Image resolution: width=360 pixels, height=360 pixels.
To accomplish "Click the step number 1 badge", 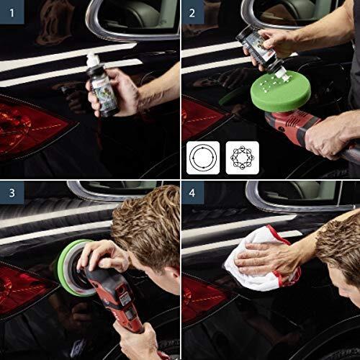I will coord(11,11).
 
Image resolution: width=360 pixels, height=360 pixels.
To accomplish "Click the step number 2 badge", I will coord(192,11).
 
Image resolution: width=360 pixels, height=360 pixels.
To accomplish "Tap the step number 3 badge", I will coord(11,192).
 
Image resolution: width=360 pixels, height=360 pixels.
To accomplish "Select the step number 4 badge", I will coord(192,192).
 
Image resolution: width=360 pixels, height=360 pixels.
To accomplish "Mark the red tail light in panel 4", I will coord(202,295).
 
